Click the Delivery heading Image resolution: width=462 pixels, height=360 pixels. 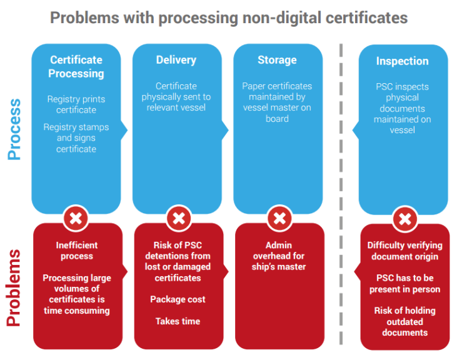pos(176,60)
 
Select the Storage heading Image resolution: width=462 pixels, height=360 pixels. pos(277,60)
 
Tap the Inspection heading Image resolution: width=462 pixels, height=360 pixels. pos(402,61)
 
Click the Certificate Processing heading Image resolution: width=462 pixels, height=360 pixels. pos(76,67)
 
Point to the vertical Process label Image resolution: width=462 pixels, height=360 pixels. pos(14,129)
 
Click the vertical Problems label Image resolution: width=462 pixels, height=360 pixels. pos(14,288)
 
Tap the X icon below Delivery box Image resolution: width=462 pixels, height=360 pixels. pos(179,218)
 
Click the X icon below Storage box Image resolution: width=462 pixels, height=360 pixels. pos(279,218)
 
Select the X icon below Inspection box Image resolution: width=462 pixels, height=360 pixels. pos(405,219)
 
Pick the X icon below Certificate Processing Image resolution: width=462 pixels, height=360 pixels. pos(76,218)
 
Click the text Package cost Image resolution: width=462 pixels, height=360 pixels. pos(178,299)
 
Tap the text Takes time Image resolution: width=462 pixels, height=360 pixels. pos(178,321)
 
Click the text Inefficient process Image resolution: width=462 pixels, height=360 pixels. pos(77,251)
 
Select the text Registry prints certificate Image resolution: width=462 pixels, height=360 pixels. pos(76,104)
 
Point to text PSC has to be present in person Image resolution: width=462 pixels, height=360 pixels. pos(405,284)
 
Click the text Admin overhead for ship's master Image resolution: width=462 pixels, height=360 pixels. pos(279,256)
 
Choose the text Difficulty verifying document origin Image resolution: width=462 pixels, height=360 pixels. pos(405,251)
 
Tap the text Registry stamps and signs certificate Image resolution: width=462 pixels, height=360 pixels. pos(76,138)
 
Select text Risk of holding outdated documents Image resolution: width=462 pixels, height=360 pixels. pos(405,321)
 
